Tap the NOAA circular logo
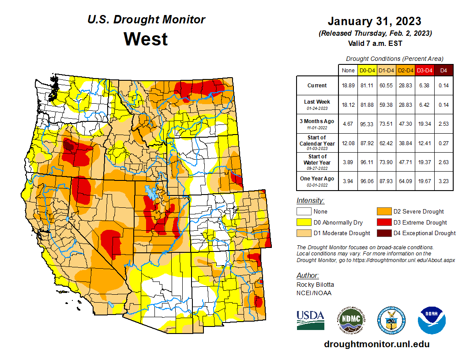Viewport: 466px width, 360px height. pos(432,320)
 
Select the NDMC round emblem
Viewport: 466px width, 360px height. pos(351,320)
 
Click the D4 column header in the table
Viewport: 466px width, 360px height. pos(443,70)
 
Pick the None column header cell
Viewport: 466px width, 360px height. pos(348,70)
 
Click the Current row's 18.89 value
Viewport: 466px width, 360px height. pos(348,86)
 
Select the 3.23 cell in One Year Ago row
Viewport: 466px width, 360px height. pos(443,179)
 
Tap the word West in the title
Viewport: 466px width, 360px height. pos(146,39)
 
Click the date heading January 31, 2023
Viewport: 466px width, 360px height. pos(374,21)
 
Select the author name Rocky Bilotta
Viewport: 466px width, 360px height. pos(315,285)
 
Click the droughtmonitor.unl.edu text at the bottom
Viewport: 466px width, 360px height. pos(376,344)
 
